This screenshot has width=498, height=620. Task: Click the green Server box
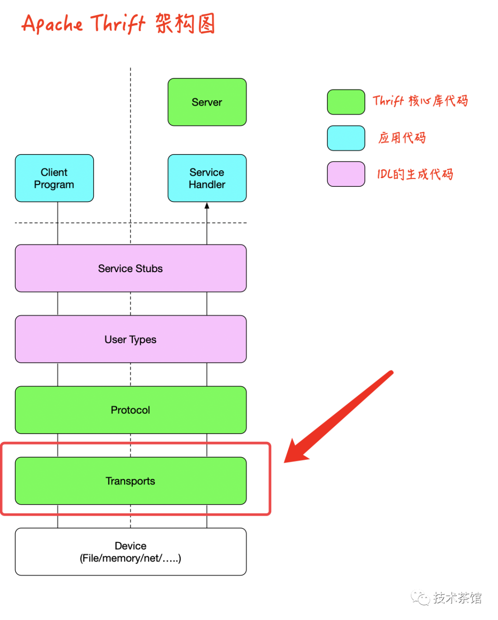tap(207, 102)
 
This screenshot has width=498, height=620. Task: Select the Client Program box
tap(54, 178)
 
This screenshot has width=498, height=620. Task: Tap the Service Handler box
tap(207, 178)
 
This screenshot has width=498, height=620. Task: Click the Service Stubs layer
tap(130, 268)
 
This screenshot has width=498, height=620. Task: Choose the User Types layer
tap(130, 339)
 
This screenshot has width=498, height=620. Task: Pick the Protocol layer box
tap(130, 410)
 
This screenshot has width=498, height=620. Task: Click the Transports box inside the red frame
tap(130, 481)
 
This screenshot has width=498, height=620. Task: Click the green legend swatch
tap(346, 102)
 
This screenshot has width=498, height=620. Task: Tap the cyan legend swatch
tap(346, 138)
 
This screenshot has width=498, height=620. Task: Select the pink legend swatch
tap(346, 174)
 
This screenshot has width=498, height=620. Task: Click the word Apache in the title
tap(52, 24)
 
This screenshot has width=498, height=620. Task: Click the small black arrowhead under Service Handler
tap(207, 206)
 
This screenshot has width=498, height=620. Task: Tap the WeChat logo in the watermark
tap(420, 598)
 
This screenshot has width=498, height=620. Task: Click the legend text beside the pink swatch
tap(415, 174)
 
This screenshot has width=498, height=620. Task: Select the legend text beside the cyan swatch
tap(402, 137)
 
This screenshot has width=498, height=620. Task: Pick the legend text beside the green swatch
tap(420, 101)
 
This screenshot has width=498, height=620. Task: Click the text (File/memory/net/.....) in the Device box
tap(130, 558)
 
